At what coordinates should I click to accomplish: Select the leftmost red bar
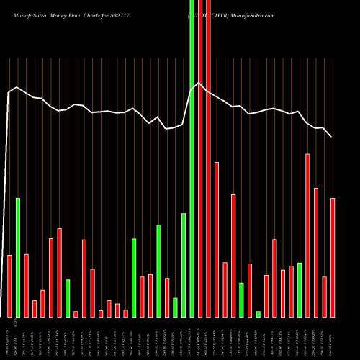9,286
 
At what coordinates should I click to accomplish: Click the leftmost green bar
18,257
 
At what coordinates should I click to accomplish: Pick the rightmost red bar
333,257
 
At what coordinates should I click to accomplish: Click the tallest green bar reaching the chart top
192,158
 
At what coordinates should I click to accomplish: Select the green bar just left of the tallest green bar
184,265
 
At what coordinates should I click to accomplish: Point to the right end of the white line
331,136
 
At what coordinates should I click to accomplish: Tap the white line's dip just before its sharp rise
166,129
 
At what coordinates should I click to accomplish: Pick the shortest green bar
258,314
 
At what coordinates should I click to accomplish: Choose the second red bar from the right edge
324,297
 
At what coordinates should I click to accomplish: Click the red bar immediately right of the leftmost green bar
26,285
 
